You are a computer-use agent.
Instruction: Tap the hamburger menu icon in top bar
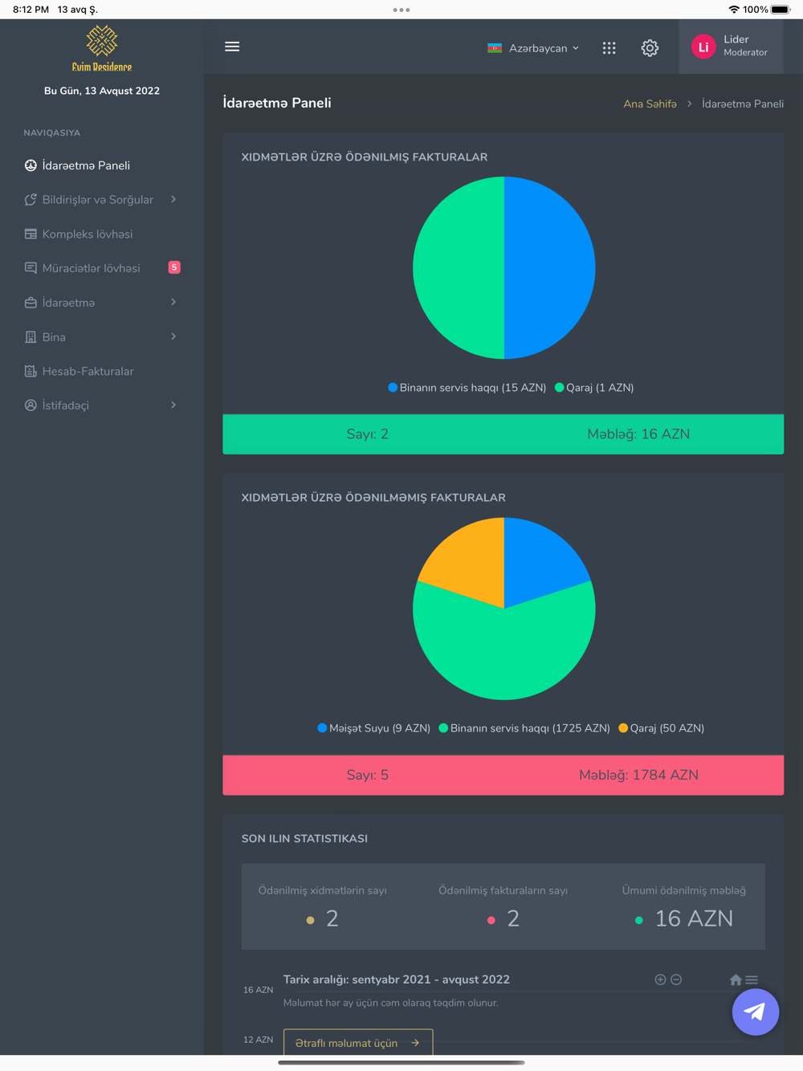pyautogui.click(x=232, y=47)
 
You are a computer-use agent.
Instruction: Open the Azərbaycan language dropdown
pyautogui.click(x=533, y=48)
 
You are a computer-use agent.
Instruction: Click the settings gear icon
pyautogui.click(x=650, y=48)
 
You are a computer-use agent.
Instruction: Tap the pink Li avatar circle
pyautogui.click(x=703, y=47)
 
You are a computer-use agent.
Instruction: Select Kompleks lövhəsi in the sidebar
pyautogui.click(x=87, y=234)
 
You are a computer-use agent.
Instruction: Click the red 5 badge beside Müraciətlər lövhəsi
pyautogui.click(x=174, y=267)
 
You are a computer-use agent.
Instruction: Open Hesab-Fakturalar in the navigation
pyautogui.click(x=88, y=372)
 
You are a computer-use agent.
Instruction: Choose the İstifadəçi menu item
pyautogui.click(x=66, y=405)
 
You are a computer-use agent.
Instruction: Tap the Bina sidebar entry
pyautogui.click(x=54, y=337)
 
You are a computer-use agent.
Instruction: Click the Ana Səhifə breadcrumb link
pyautogui.click(x=650, y=104)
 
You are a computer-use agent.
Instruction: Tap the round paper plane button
pyautogui.click(x=755, y=1012)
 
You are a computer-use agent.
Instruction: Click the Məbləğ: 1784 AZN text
pyautogui.click(x=638, y=775)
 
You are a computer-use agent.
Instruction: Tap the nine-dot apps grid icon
pyautogui.click(x=609, y=48)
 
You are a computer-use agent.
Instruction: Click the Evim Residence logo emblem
pyautogui.click(x=102, y=40)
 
